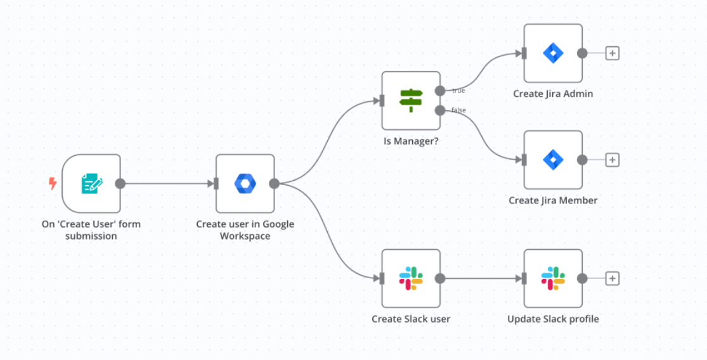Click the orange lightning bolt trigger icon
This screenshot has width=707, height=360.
tap(53, 184)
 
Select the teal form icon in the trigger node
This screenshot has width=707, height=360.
tap(91, 184)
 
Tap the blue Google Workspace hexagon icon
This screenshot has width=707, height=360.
tap(245, 184)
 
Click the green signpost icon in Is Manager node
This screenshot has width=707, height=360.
tap(411, 100)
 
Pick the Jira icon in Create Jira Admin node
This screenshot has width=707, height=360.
tap(553, 53)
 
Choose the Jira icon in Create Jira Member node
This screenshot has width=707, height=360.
tap(553, 160)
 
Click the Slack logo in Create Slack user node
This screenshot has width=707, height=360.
tap(411, 278)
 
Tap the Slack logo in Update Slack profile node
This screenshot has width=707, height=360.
tap(553, 278)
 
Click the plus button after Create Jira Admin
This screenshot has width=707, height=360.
tap(612, 53)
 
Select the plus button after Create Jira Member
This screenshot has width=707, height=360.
tap(612, 160)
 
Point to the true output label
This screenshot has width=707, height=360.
tap(458, 91)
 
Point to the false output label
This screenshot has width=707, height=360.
tap(458, 110)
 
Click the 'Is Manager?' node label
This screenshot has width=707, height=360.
tap(411, 141)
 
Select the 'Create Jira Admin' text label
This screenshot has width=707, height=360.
tap(553, 94)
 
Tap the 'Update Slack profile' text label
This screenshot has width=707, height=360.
tap(553, 319)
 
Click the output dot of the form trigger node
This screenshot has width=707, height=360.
tap(120, 184)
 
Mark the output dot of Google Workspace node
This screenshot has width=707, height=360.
tap(274, 184)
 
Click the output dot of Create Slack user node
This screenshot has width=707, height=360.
tap(440, 278)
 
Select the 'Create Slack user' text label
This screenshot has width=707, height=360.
tap(411, 319)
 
